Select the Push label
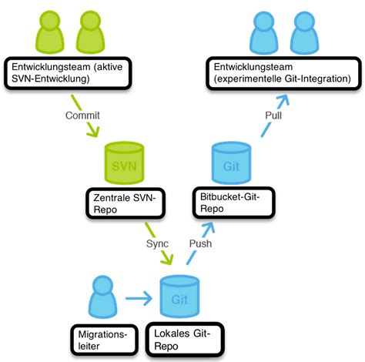[203, 243]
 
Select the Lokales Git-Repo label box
[183, 338]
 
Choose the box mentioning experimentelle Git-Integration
[283, 73]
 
